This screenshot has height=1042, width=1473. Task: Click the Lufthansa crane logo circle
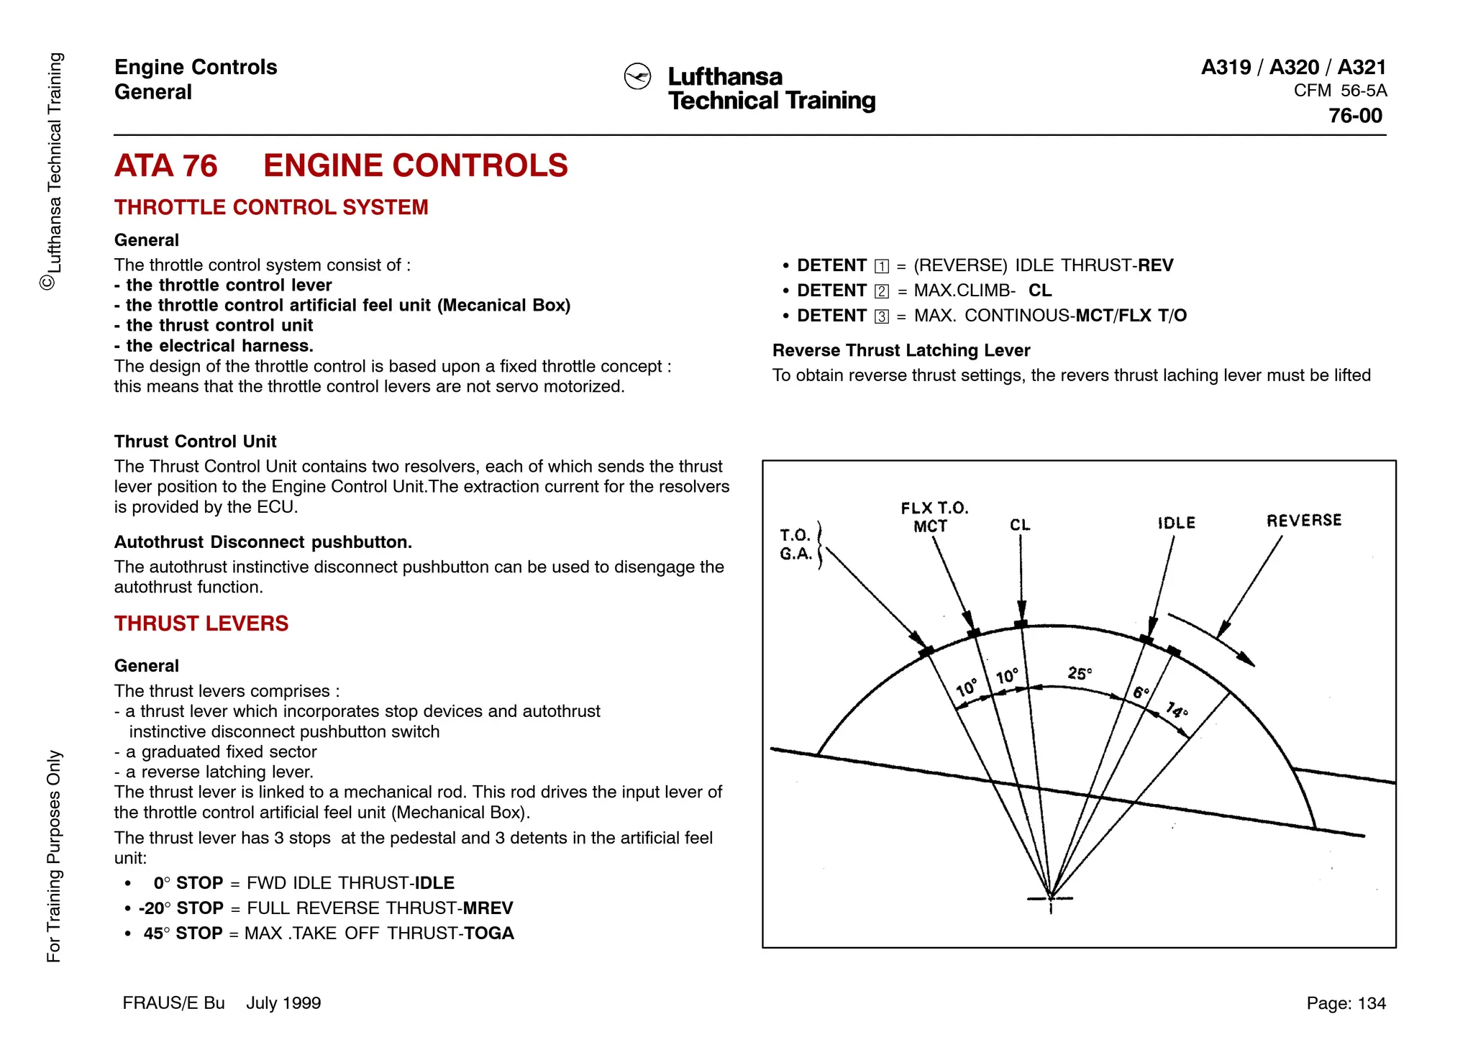[x=637, y=76]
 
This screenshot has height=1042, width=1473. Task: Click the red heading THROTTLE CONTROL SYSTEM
[x=271, y=207]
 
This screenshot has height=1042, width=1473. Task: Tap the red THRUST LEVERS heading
[x=201, y=623]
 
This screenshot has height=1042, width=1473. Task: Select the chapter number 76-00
[x=1355, y=116]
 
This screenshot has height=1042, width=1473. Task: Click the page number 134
[x=1371, y=1003]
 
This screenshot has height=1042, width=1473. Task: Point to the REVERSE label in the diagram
[x=1303, y=520]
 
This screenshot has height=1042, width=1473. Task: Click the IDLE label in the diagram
[x=1176, y=523]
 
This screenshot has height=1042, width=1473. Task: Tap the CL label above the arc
[x=1020, y=525]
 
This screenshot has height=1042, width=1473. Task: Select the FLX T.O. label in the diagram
[x=934, y=508]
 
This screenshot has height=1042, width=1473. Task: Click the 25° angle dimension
[x=1080, y=673]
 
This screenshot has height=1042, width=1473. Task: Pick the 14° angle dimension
[x=1177, y=710]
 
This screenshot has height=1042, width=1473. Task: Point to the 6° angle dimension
[x=1141, y=693]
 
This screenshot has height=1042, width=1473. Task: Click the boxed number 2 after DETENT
[x=882, y=291]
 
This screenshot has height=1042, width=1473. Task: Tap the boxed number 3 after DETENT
[x=882, y=316]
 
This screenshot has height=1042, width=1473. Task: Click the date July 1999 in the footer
[x=283, y=1003]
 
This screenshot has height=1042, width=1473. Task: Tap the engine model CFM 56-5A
[x=1340, y=91]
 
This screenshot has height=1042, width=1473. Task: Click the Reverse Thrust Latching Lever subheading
[x=901, y=350]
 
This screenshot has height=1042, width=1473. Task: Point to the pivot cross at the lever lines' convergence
[x=1051, y=898]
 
